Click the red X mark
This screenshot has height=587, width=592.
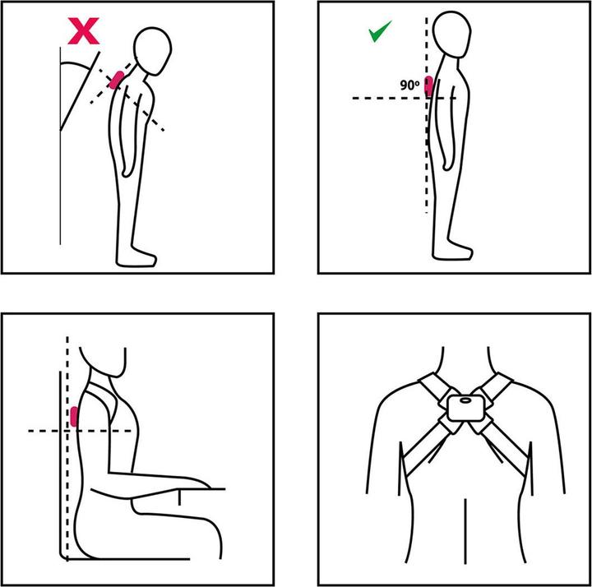tap(83, 31)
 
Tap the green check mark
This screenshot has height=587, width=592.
tap(379, 31)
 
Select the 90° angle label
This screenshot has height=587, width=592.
tap(410, 86)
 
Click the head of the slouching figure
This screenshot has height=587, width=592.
tap(153, 51)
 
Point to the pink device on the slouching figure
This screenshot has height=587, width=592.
tap(116, 80)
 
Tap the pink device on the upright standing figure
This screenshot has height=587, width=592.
tap(429, 86)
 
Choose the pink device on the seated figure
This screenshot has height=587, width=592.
tap(74, 417)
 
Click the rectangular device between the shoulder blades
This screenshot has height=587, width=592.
tap(466, 408)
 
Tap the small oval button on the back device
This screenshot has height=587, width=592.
tap(466, 400)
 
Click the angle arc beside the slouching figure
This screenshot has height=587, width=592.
tap(76, 64)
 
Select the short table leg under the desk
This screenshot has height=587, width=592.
tap(179, 497)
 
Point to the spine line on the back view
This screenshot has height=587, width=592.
tap(465, 531)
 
